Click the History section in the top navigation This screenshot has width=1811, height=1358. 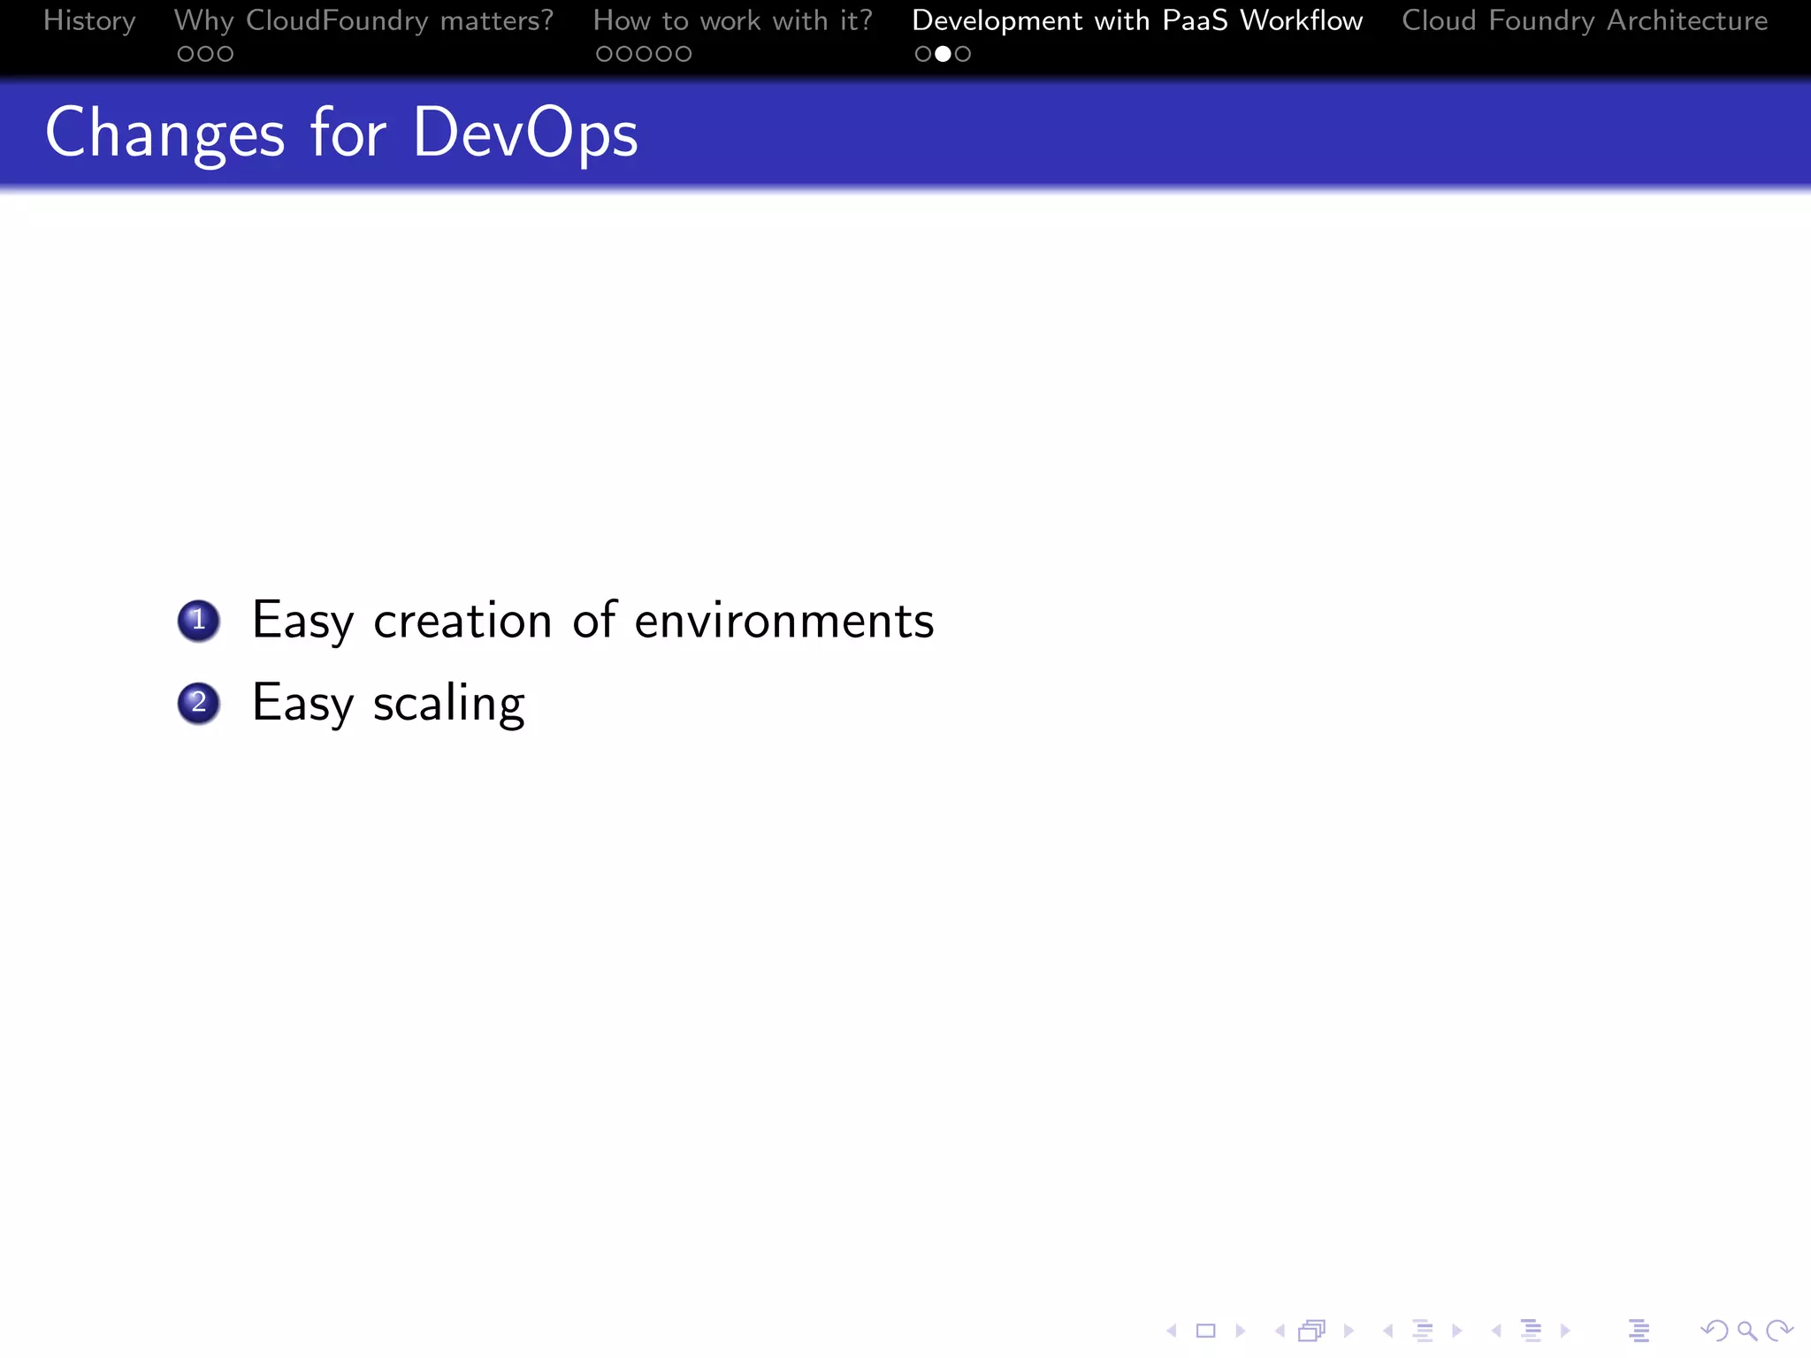pyautogui.click(x=89, y=20)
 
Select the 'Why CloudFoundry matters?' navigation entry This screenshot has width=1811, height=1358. pyautogui.click(x=363, y=20)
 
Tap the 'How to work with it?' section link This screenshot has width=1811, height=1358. pyautogui.click(x=732, y=20)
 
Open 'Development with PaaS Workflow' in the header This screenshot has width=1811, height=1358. pyautogui.click(x=1136, y=20)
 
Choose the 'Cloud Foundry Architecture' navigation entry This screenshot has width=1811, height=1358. pyautogui.click(x=1585, y=20)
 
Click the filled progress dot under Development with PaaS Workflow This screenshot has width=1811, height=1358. pyautogui.click(x=943, y=54)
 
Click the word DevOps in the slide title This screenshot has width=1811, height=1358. pyautogui.click(x=525, y=134)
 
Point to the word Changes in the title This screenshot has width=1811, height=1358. pyautogui.click(x=164, y=134)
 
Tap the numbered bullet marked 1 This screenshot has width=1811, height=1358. pyautogui.click(x=198, y=620)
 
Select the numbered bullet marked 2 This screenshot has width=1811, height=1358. pyautogui.click(x=198, y=703)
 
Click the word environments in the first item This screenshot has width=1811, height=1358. pyautogui.click(x=783, y=620)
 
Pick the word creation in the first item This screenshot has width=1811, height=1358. pyautogui.click(x=462, y=620)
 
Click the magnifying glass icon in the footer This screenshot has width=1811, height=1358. pyautogui.click(x=1746, y=1330)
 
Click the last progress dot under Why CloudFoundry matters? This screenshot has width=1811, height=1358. pyautogui.click(x=225, y=54)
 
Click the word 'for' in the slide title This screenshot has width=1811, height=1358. pyautogui.click(x=348, y=134)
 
